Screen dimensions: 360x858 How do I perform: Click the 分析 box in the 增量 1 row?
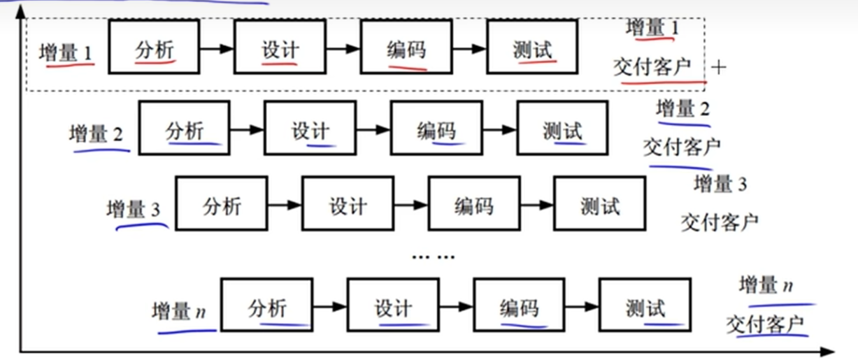tap(154, 47)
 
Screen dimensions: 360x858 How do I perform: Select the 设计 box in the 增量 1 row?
tap(280, 47)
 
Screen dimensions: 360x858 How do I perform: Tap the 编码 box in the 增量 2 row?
tap(436, 129)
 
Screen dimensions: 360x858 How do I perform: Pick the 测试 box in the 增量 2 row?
tap(562, 129)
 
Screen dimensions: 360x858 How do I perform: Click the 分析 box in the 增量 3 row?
tap(221, 203)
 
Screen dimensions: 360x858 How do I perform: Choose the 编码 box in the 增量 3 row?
tap(473, 203)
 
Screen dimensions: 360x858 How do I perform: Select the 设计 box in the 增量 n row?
tap(393, 305)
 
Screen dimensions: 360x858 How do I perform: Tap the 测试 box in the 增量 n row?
tap(645, 305)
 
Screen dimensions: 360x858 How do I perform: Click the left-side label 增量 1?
tap(66, 53)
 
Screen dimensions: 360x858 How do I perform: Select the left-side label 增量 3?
tap(134, 208)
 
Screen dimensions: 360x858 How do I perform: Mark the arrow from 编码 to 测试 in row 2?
tap(499, 129)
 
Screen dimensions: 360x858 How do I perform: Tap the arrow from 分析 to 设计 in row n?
tap(329, 306)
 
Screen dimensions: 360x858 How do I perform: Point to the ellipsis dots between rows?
tap(433, 256)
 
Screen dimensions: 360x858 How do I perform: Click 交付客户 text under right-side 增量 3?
tap(720, 222)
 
